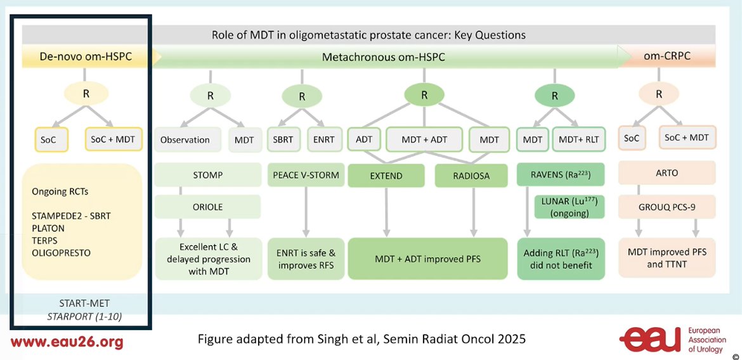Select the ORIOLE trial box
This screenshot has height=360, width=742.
(208, 207)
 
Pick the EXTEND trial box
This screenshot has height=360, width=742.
(387, 176)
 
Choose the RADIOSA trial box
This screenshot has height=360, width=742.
(471, 176)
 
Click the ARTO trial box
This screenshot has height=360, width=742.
(667, 173)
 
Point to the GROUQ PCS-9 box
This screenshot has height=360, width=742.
(667, 206)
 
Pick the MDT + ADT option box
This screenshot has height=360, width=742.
(424, 139)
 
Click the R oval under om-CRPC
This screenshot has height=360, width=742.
(659, 94)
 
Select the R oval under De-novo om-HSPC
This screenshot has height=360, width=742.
(86, 94)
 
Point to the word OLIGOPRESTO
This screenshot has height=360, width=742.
(61, 253)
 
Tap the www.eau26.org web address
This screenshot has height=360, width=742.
(67, 342)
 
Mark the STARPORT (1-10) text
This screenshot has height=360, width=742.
(84, 316)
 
